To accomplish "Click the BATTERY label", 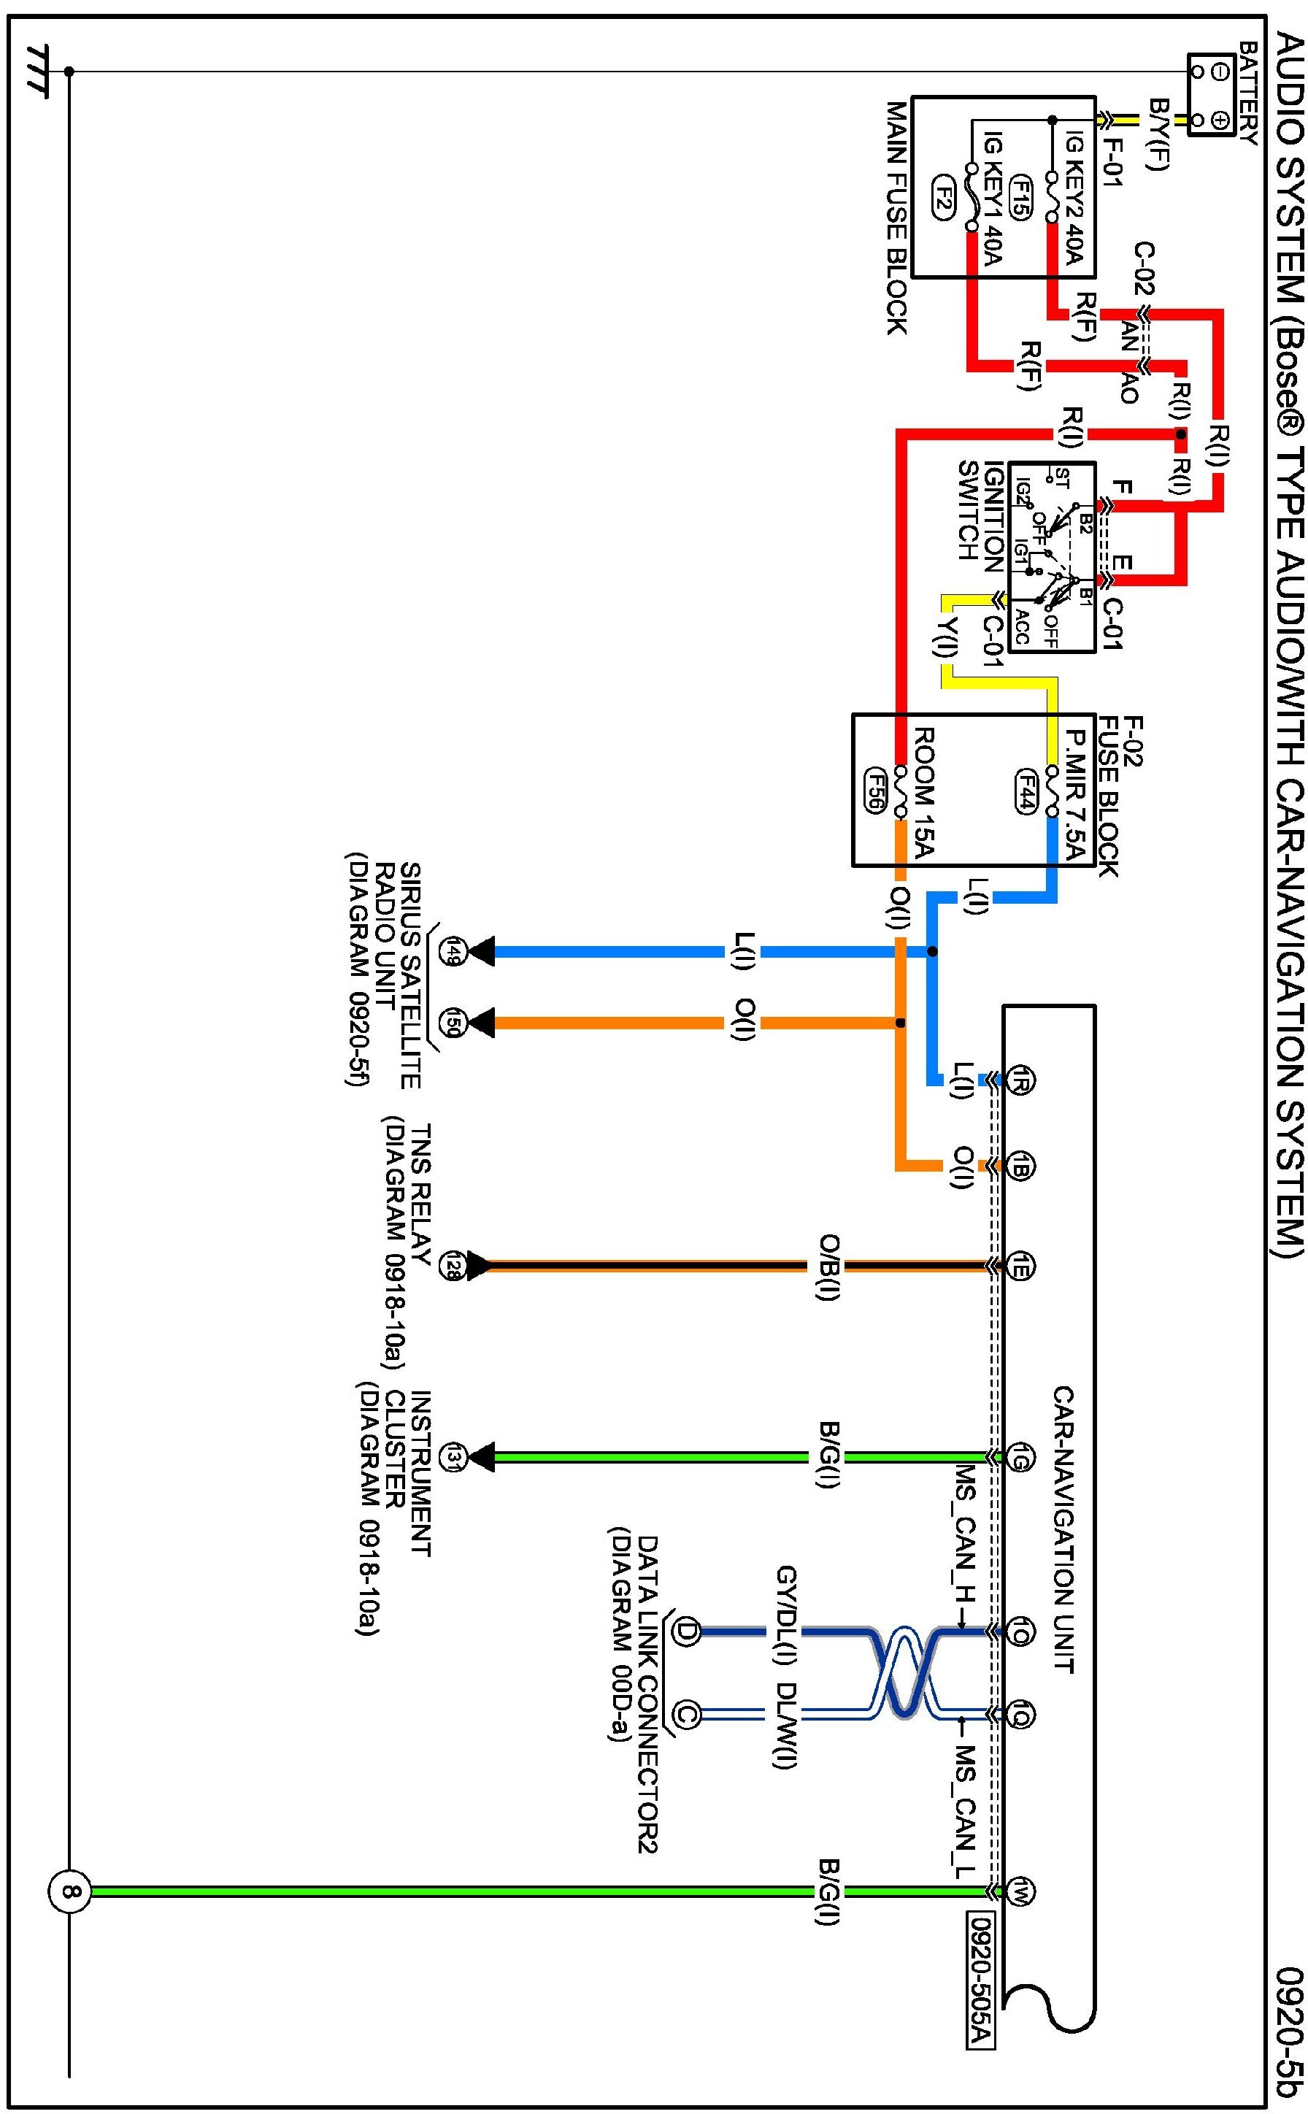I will click(1247, 93).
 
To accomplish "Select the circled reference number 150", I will click(450, 1023).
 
